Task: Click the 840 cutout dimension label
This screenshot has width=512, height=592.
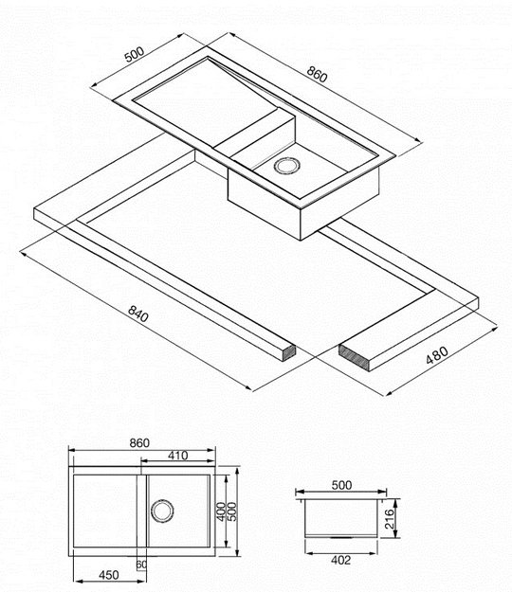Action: point(138,314)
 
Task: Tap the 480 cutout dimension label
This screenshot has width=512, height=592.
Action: point(437,355)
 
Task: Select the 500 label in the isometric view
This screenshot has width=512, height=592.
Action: point(135,54)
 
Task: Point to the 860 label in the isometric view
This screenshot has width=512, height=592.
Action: point(317,74)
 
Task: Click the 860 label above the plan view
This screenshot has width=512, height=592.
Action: point(139,443)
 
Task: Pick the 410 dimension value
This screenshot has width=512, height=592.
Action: point(178,456)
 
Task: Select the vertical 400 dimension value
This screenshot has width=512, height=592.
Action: point(221,511)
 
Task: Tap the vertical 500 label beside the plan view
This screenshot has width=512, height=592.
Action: point(232,511)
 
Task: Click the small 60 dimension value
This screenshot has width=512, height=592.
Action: point(141,565)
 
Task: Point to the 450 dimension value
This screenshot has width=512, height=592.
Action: point(109,575)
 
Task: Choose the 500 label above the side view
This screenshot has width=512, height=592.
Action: point(341,485)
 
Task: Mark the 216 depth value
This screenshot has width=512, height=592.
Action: point(389,519)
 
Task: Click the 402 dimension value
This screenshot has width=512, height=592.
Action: point(340,561)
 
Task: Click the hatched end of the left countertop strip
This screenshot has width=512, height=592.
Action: point(290,352)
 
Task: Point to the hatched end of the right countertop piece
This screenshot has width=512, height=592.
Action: point(354,357)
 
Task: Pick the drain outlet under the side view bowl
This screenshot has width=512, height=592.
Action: point(340,536)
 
